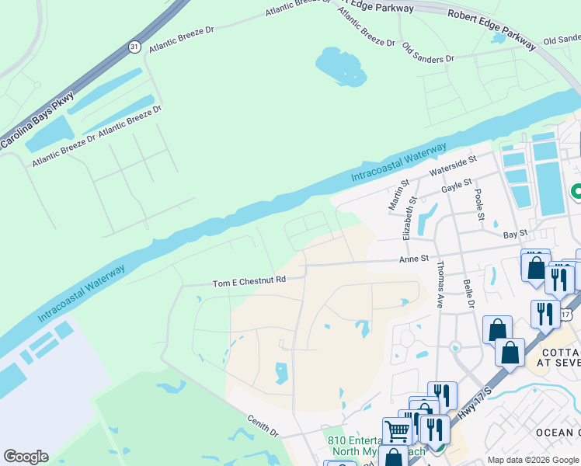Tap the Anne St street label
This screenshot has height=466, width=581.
point(414,259)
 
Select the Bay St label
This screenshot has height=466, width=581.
point(515,233)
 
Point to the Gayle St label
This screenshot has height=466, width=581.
point(456,186)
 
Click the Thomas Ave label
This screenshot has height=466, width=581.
point(440,283)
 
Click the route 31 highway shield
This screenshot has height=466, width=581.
point(134,47)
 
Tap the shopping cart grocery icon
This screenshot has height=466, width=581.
point(397,429)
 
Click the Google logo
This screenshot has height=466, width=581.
point(26,457)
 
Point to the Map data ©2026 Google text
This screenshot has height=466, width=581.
point(533,460)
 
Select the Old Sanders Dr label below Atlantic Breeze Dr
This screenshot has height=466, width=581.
point(427,53)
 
